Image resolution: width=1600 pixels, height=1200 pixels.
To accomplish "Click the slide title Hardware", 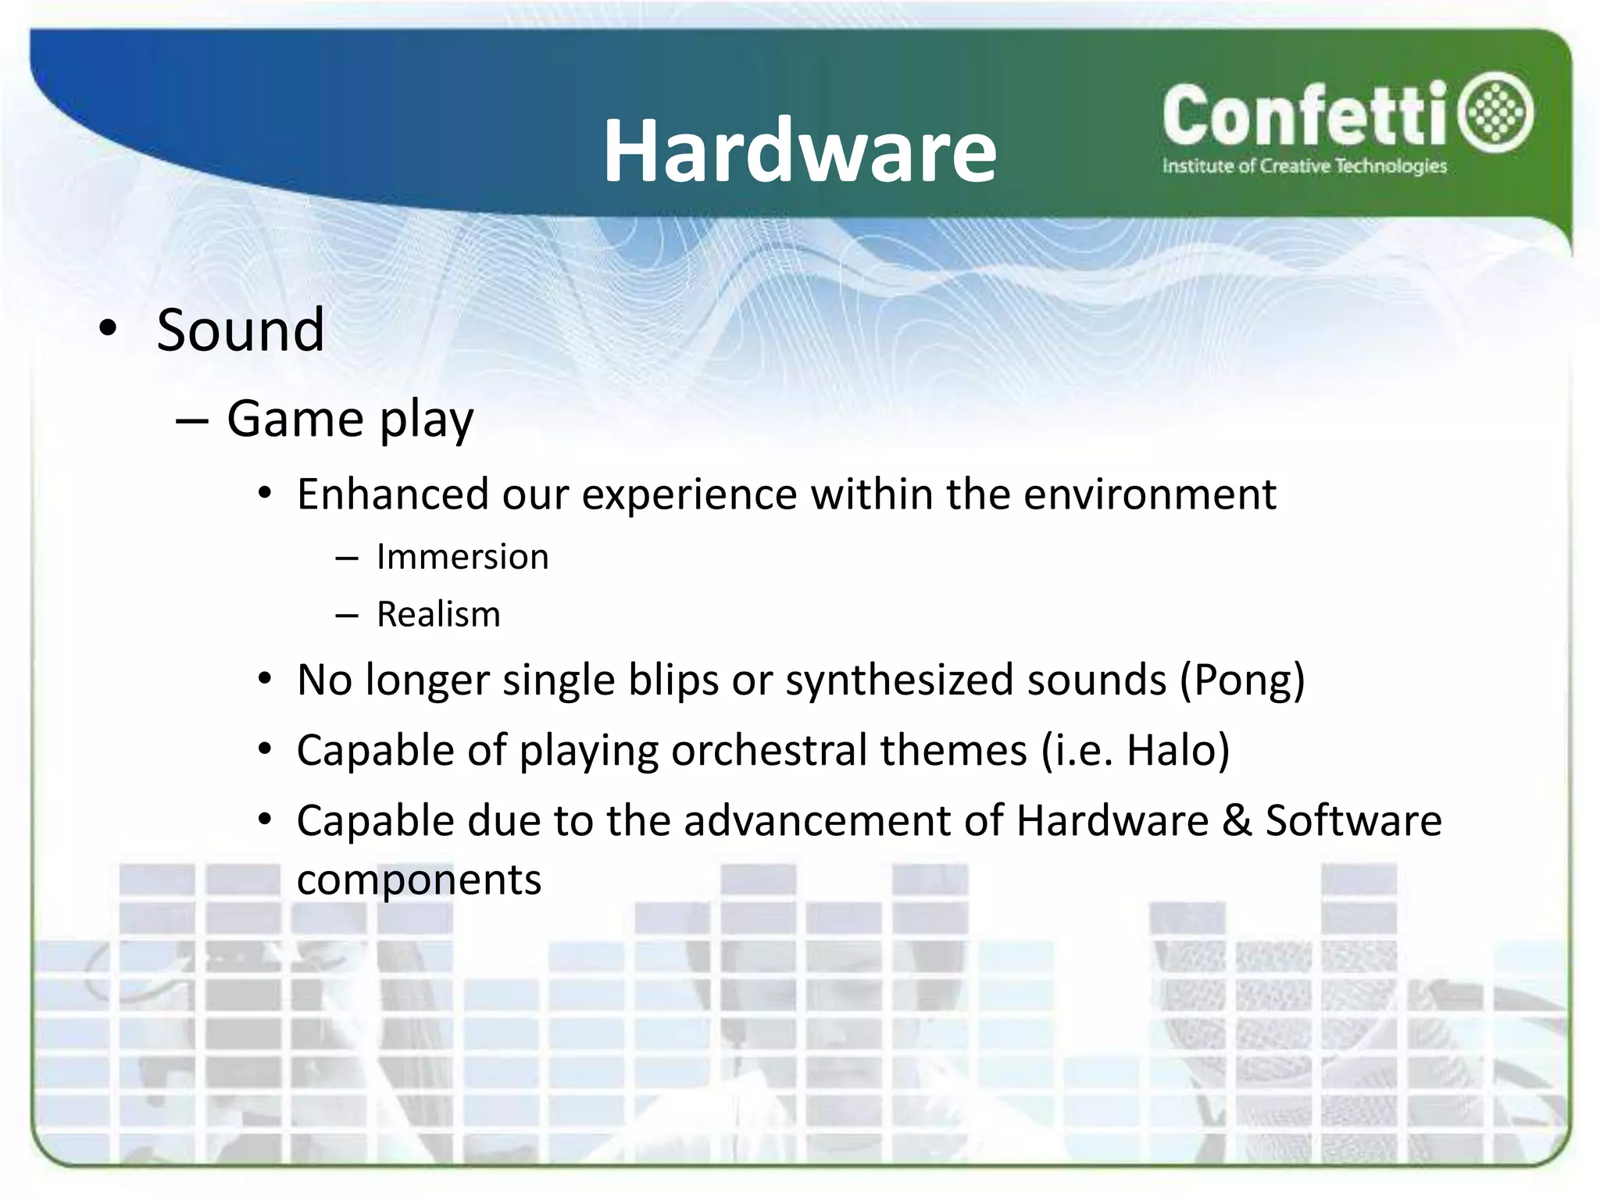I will (799, 151).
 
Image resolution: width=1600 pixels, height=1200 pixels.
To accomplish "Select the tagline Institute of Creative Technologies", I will (1304, 166).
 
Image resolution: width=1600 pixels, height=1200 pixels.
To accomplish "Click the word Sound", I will (241, 330).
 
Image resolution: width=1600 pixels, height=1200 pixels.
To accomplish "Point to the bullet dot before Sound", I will (109, 330).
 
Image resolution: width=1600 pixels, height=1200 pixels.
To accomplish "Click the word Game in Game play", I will (295, 419).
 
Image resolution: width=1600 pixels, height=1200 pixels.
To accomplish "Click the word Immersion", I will (462, 557).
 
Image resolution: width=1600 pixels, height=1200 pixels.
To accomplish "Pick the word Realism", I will (438, 614).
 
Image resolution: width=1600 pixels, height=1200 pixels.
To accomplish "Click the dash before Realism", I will (346, 616).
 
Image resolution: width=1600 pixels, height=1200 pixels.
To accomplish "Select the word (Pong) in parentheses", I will (1242, 680).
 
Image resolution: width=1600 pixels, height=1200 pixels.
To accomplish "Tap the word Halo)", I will (1178, 750).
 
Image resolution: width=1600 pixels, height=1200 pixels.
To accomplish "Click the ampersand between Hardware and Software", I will (1237, 821).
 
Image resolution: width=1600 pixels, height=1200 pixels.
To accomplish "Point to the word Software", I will (1353, 821).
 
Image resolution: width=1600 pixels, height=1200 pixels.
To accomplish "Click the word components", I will (419, 880).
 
